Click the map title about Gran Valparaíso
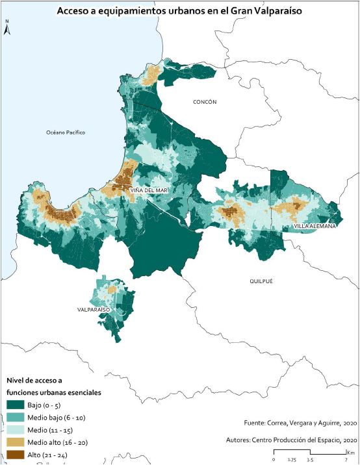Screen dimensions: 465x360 point(179,12)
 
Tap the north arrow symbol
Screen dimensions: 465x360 point(6,29)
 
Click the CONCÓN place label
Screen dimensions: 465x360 point(205,102)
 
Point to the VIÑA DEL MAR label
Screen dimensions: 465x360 point(150,190)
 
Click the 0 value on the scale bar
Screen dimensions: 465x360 point(274,459)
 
